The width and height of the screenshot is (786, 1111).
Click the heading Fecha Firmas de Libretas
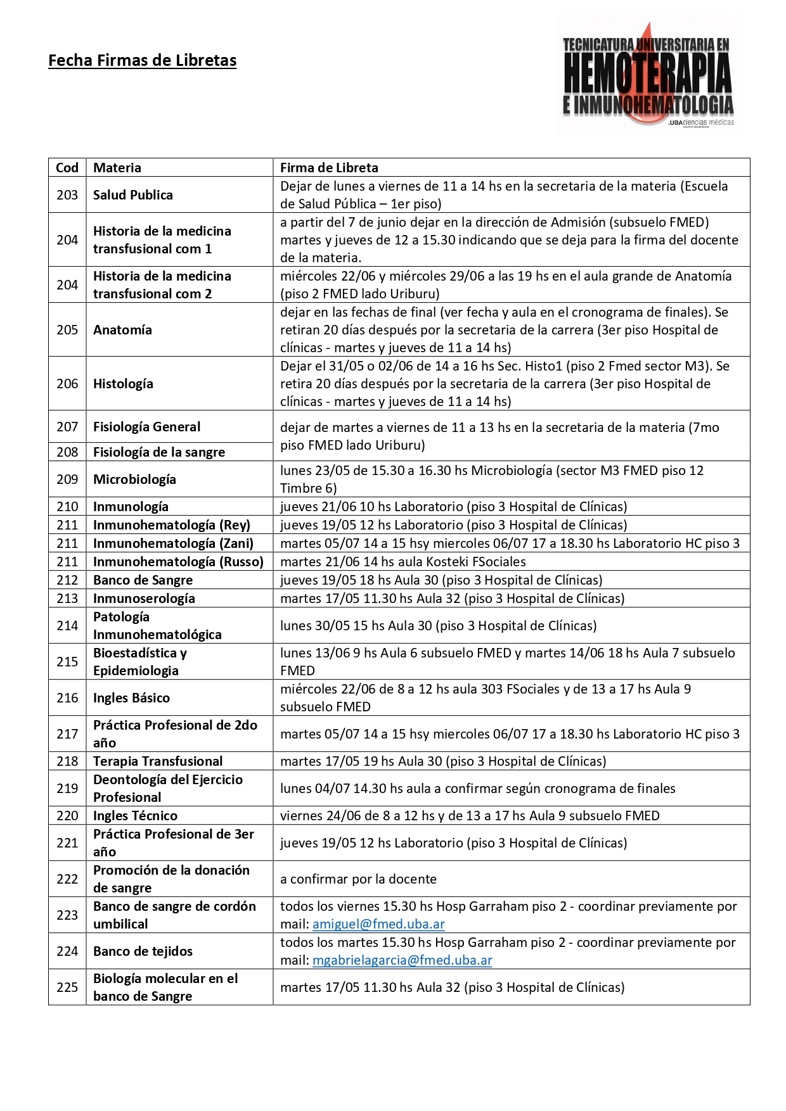pyautogui.click(x=142, y=61)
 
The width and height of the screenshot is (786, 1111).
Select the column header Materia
pyautogui.click(x=117, y=168)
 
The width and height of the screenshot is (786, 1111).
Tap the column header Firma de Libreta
pyautogui.click(x=329, y=168)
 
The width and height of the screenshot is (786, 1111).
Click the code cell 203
pyautogui.click(x=67, y=195)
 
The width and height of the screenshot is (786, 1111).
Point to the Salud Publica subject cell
pyautogui.click(x=133, y=195)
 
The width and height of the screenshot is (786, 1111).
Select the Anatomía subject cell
pyautogui.click(x=122, y=330)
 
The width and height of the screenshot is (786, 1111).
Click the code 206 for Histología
pyautogui.click(x=67, y=384)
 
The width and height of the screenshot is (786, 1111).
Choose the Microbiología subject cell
pyautogui.click(x=134, y=479)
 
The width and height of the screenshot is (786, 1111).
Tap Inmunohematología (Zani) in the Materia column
pyautogui.click(x=173, y=543)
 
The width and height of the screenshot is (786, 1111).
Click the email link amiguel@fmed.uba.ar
pyautogui.click(x=378, y=924)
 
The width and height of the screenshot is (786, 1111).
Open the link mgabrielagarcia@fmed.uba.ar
pyautogui.click(x=402, y=960)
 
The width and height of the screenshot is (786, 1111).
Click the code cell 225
pyautogui.click(x=67, y=987)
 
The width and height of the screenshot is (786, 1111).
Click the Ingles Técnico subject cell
pyautogui.click(x=135, y=816)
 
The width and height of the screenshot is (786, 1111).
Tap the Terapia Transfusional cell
pyautogui.click(x=158, y=761)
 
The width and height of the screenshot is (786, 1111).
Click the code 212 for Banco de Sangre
pyautogui.click(x=67, y=580)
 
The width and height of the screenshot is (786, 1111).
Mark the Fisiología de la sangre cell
pyautogui.click(x=159, y=452)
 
